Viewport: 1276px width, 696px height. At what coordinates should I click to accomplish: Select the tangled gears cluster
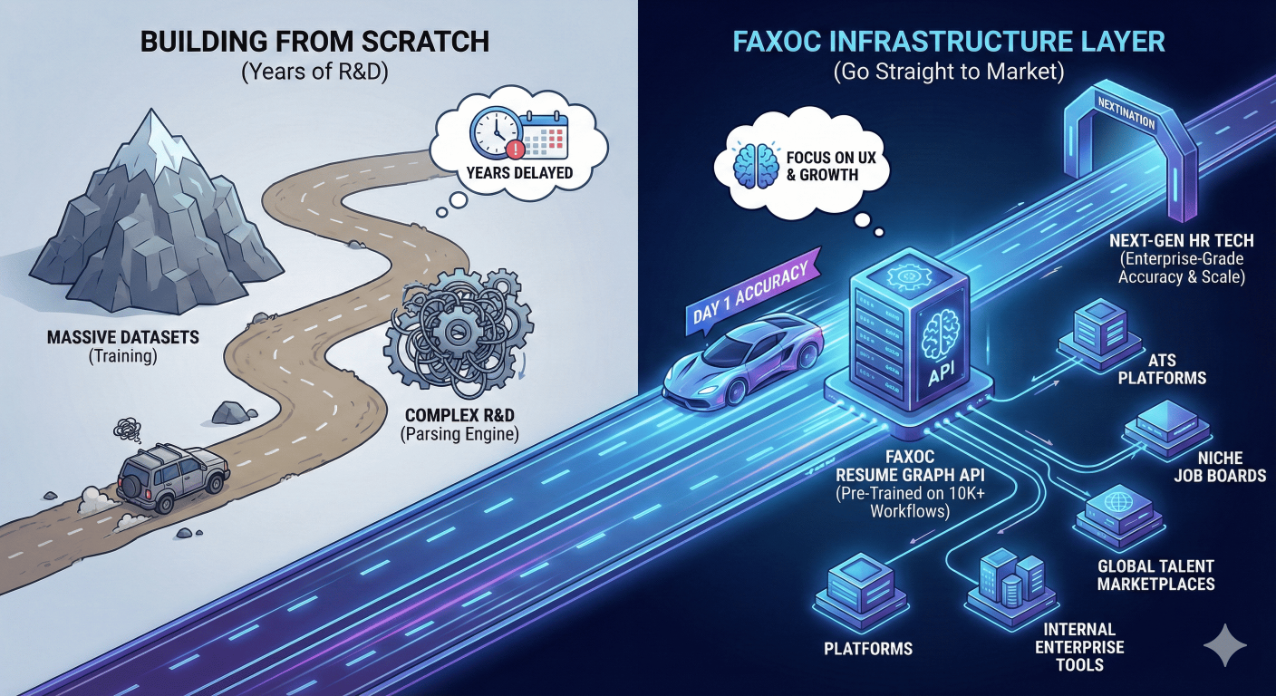pyautogui.click(x=459, y=340)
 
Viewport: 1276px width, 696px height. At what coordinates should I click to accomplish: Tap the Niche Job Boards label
pyautogui.click(x=1219, y=467)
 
